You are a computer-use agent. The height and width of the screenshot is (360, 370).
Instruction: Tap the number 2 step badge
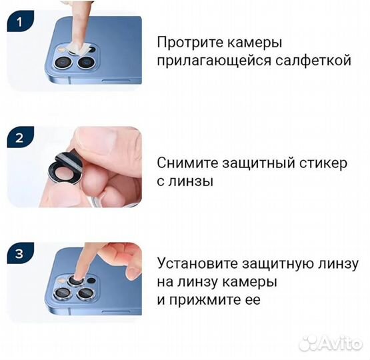point(19,139)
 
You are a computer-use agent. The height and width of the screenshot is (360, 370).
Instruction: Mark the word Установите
point(196,263)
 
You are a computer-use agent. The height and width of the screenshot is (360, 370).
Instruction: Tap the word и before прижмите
point(161,299)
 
